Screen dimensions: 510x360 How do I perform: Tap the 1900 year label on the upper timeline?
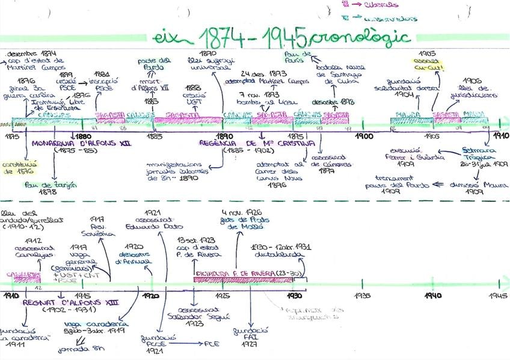point(364,136)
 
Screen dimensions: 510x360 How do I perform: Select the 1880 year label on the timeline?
point(75,136)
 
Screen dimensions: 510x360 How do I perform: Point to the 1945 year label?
point(499,296)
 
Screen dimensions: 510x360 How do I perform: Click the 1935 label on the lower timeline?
point(362,296)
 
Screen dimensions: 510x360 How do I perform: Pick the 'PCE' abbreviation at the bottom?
point(213,344)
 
